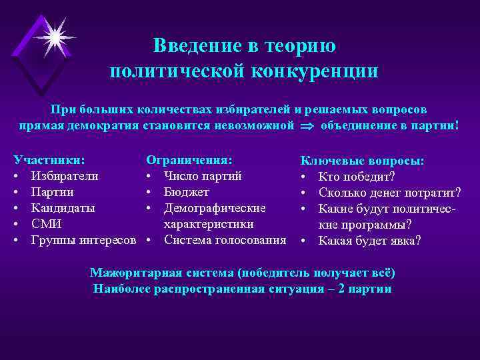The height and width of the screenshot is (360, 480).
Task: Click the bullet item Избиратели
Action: [x=65, y=176]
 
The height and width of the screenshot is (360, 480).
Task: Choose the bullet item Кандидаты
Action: [x=63, y=208]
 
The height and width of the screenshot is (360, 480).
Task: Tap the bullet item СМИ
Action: [x=47, y=224]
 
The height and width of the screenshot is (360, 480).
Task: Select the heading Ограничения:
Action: [x=189, y=160]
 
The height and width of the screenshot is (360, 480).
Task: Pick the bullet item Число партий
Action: [x=203, y=176]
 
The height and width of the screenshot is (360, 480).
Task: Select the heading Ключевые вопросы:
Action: [x=363, y=161]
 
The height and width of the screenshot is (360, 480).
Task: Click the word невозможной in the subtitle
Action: [x=252, y=126]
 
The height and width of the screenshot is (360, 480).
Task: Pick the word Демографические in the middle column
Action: [x=215, y=208]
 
